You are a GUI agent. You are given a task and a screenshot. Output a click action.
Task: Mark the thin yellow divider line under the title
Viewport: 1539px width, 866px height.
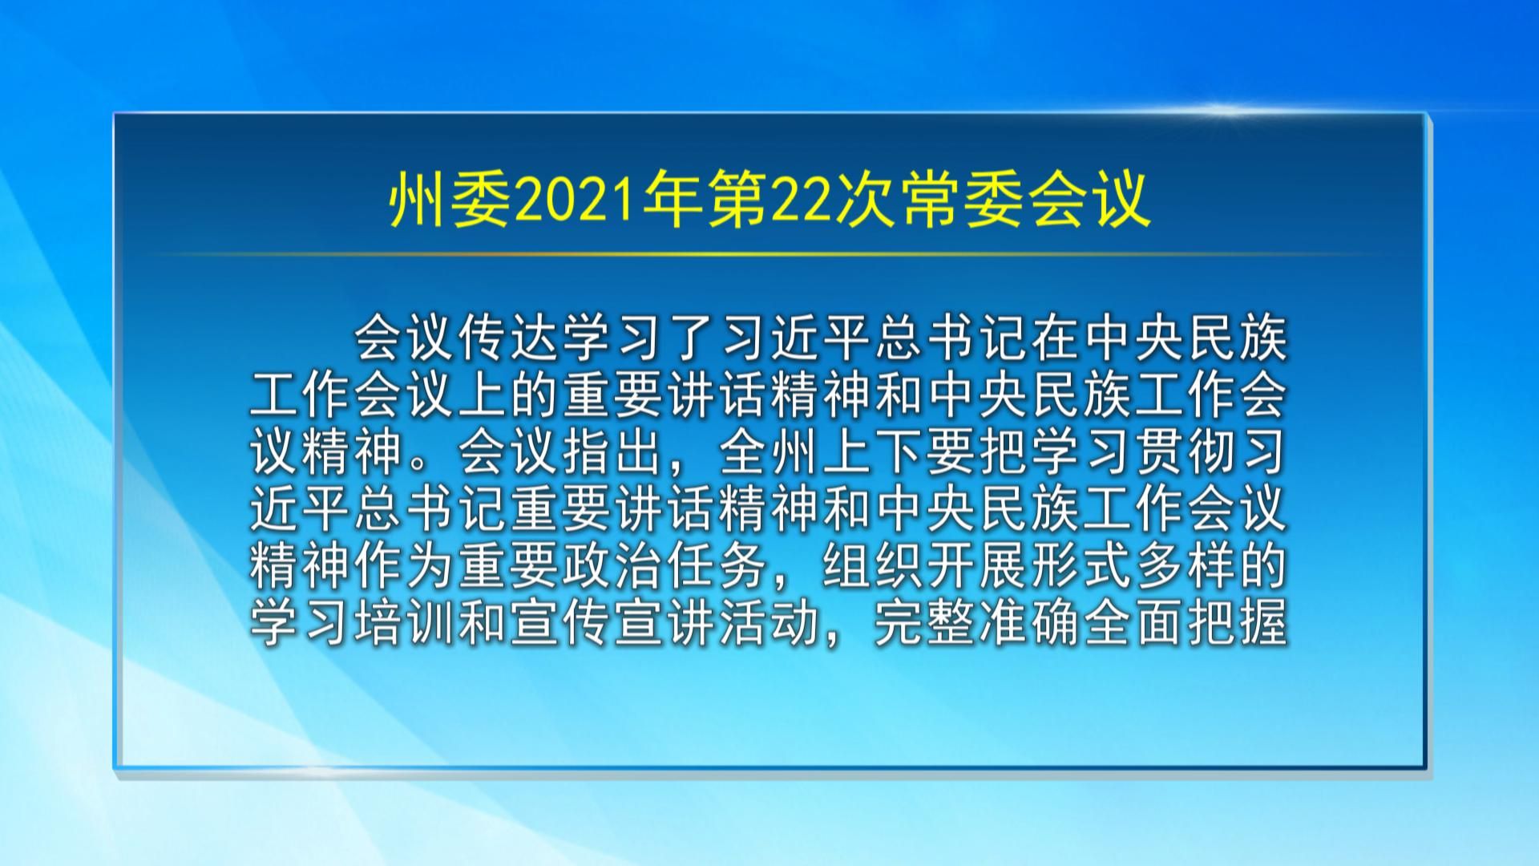pos(769,255)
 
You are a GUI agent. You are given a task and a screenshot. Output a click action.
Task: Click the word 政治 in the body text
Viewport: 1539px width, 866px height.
pos(615,566)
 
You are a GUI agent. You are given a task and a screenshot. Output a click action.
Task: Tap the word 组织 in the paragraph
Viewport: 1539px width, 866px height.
pos(875,566)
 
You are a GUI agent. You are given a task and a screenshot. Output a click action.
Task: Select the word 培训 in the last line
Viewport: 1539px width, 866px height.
pos(406,623)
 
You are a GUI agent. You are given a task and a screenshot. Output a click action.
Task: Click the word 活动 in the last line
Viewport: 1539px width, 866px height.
pos(770,623)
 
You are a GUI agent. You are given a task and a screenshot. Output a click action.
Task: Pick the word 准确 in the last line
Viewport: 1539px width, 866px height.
pos(1030,623)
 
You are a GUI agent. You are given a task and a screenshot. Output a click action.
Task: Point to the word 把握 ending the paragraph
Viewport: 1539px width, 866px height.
pos(1238,623)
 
